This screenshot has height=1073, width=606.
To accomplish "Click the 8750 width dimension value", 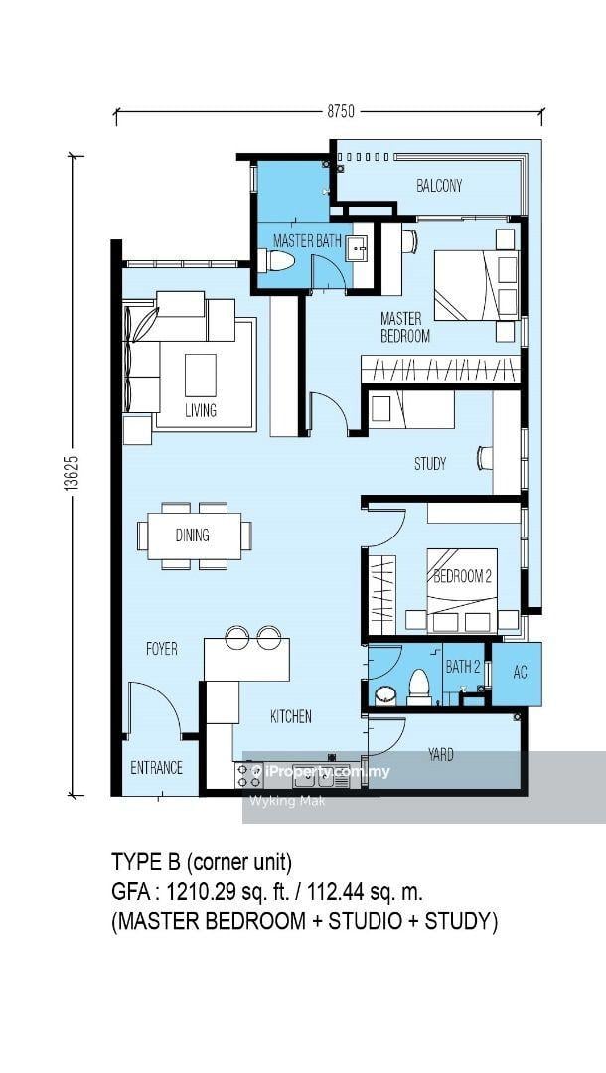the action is click(341, 111).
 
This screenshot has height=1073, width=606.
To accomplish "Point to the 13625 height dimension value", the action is click(76, 472).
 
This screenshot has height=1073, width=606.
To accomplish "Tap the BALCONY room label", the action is click(439, 185).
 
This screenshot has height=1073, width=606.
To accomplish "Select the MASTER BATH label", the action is click(307, 240).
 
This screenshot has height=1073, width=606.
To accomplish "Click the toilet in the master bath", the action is click(276, 260).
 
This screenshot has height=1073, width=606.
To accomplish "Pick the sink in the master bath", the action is click(358, 246).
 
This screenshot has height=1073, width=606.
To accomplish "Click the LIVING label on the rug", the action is click(201, 410).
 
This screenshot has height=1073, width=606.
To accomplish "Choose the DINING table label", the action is click(192, 536).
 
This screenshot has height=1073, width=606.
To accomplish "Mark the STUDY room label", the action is click(430, 464).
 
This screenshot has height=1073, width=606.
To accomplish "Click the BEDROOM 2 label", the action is click(462, 576).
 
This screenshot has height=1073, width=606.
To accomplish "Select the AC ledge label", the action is click(521, 672).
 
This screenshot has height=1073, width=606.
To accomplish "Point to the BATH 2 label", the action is click(463, 666).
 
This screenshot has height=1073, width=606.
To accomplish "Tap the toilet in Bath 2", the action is click(418, 688).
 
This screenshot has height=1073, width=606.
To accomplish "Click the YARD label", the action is click(441, 755).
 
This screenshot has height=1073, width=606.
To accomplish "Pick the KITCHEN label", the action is click(291, 716).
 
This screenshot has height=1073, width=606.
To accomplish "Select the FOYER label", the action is click(162, 649).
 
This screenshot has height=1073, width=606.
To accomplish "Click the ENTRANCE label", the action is click(157, 768).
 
